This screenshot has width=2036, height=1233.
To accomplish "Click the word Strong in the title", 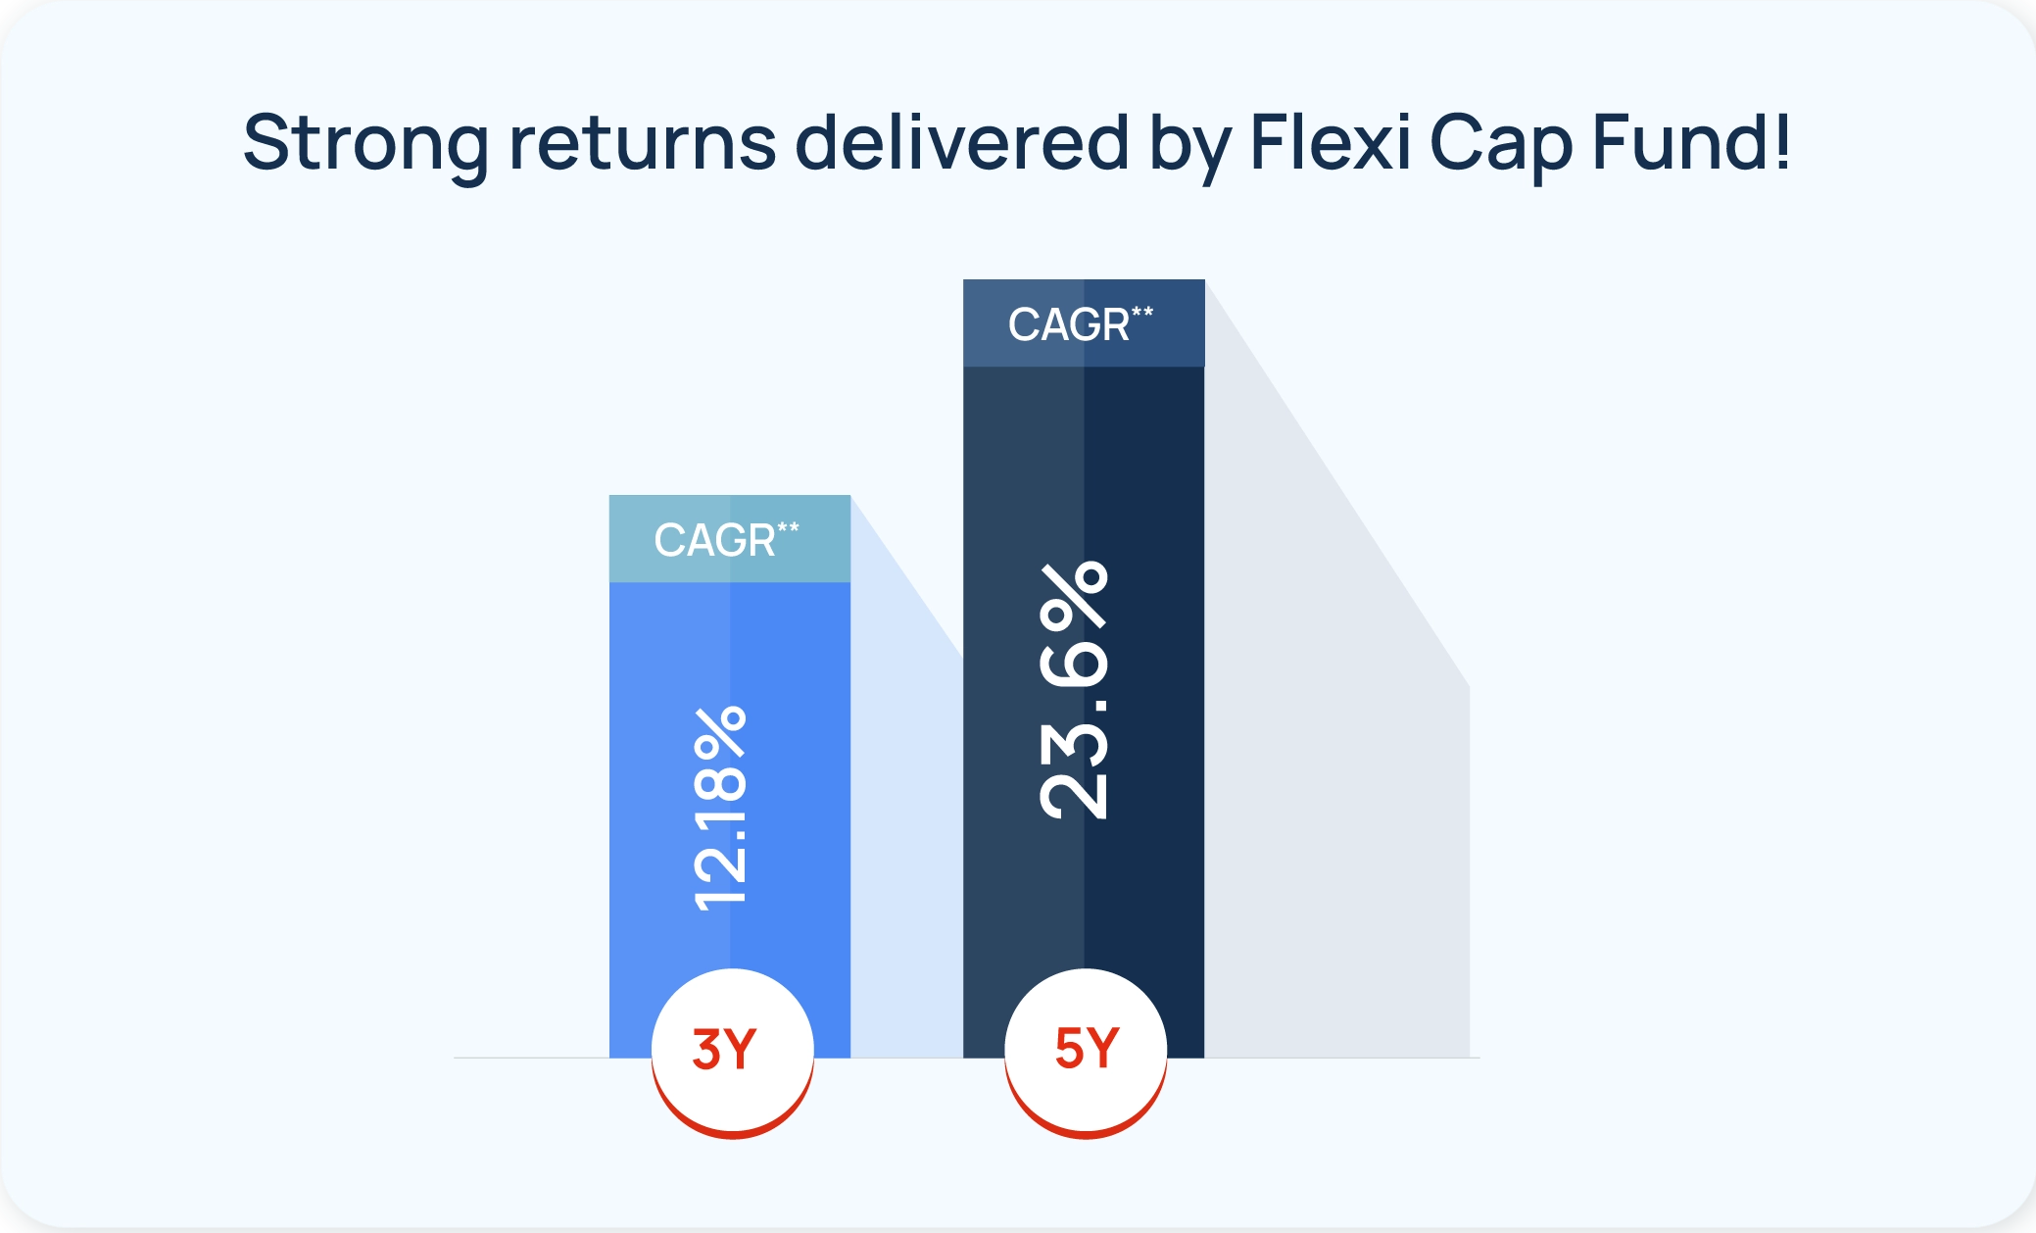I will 364,143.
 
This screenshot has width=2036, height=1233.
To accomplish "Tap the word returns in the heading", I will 643,143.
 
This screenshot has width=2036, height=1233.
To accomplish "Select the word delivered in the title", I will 961,143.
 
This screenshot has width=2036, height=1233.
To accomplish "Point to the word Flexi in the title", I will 1330,143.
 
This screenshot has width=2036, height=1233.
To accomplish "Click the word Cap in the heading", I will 1501,143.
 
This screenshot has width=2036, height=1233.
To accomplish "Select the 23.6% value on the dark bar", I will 1075,691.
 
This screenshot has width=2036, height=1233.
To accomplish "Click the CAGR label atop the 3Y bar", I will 714,540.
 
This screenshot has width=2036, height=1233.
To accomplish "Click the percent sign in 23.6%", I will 1075,595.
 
